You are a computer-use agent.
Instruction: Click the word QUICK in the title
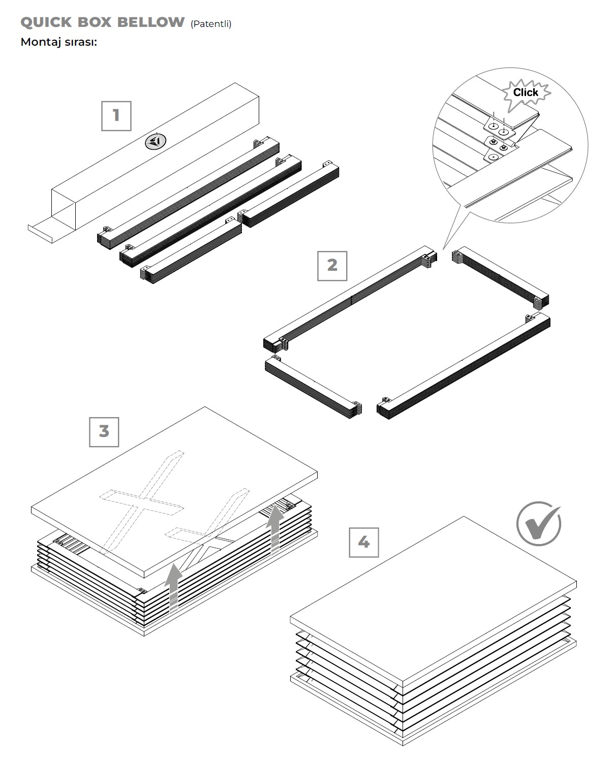[x=46, y=22]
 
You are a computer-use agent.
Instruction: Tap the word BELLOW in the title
[x=151, y=22]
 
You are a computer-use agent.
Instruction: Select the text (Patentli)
[x=211, y=24]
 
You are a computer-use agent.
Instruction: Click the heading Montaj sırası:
[x=58, y=42]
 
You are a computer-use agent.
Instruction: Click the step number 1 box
[x=116, y=115]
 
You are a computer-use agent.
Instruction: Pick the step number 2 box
[x=332, y=265]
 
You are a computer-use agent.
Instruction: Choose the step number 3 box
[x=104, y=431]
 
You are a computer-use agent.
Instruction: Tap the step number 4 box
[x=363, y=543]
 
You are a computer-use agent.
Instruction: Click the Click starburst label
[x=526, y=92]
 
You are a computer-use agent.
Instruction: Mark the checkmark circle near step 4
[x=539, y=523]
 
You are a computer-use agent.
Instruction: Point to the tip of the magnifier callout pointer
[x=444, y=249]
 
